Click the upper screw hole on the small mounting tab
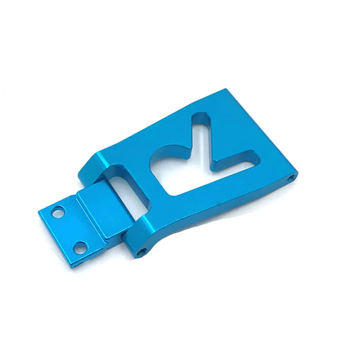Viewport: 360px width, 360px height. [x=57, y=212]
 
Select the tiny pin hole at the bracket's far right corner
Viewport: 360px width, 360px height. [x=290, y=177]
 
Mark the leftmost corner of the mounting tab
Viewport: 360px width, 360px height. [x=38, y=211]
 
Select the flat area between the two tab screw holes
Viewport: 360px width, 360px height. [x=69, y=229]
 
